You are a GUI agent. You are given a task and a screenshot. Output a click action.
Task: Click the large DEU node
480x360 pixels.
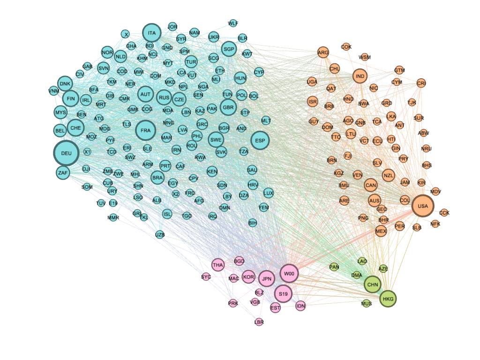click(x=66, y=153)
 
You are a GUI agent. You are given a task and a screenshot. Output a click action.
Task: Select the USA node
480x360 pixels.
click(x=422, y=206)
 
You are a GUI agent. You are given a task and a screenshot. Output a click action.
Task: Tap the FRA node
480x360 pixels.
click(x=145, y=130)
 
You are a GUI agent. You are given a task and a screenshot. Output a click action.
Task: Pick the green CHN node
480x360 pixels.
click(x=373, y=284)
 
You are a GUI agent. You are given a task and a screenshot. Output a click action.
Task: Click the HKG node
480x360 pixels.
click(x=388, y=299)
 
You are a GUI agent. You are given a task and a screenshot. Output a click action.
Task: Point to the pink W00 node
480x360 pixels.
click(x=289, y=274)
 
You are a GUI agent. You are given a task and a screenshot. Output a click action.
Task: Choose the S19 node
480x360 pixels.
click(x=283, y=294)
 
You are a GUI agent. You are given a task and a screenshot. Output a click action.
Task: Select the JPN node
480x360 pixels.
click(x=267, y=279)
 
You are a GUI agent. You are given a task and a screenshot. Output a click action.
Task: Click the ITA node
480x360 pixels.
click(x=151, y=33)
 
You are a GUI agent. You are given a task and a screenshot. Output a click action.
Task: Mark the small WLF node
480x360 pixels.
click(x=233, y=23)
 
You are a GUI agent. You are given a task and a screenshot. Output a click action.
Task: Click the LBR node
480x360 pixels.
click(x=259, y=322)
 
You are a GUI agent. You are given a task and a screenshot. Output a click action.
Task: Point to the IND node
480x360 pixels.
click(x=360, y=76)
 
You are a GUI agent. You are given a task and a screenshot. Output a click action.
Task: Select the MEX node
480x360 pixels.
click(x=381, y=231)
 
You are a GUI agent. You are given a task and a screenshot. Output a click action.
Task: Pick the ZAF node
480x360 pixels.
click(x=63, y=173)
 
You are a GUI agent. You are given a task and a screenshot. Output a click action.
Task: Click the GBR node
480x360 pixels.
click(x=228, y=107)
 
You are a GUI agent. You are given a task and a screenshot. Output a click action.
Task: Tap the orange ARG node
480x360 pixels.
click(x=323, y=52)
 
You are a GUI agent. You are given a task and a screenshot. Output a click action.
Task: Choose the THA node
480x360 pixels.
click(x=218, y=265)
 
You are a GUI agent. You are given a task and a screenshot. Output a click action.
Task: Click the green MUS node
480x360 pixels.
click(x=367, y=303)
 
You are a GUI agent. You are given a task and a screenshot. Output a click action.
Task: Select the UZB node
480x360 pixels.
click(x=160, y=234)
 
